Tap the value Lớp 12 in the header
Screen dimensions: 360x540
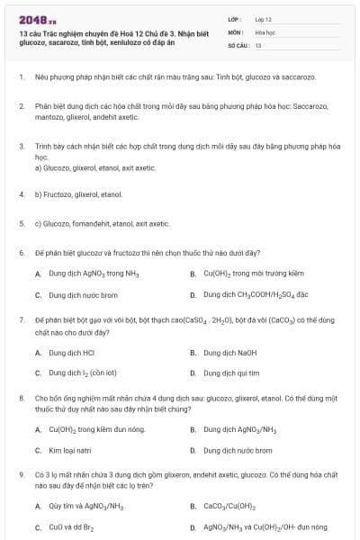tap(263, 19)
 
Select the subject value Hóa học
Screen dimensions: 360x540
tap(265, 31)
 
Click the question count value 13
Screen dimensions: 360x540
tap(258, 44)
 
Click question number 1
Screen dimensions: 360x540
tap(20, 77)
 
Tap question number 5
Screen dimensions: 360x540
tap(20, 222)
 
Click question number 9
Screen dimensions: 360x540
tap(20, 473)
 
